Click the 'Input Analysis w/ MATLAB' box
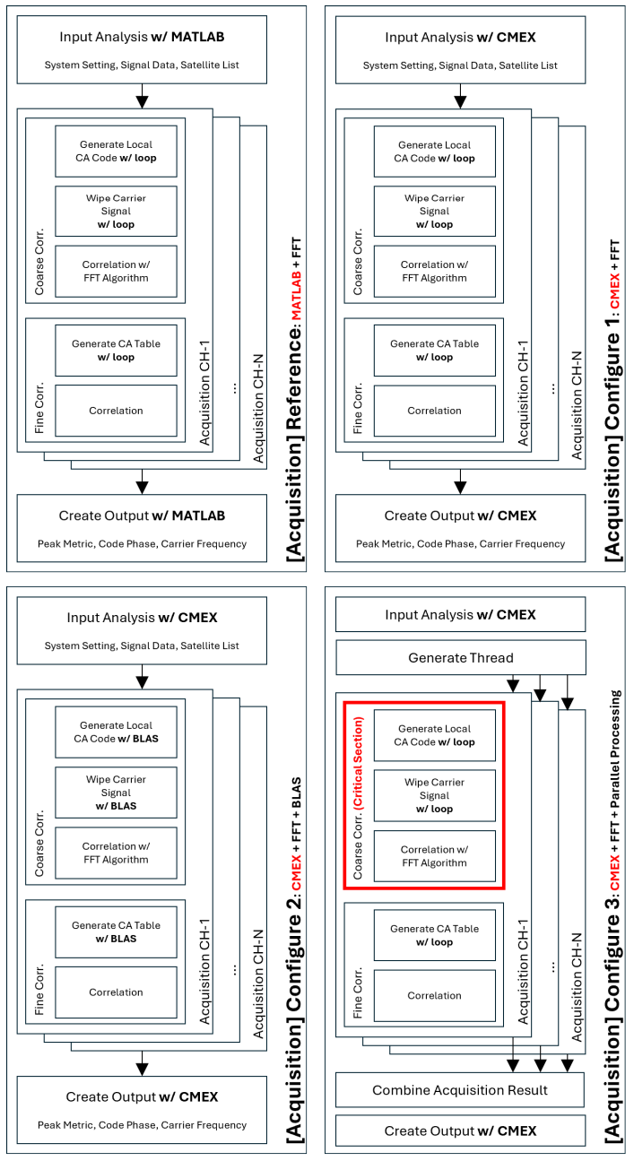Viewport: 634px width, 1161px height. pos(142,48)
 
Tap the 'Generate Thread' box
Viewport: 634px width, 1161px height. pos(460,658)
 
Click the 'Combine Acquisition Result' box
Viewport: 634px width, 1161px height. pos(460,1090)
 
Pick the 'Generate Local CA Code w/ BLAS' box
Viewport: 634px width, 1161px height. pos(116,732)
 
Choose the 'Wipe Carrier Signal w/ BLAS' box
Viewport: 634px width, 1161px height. pos(116,793)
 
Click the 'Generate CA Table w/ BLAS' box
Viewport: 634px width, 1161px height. pos(116,931)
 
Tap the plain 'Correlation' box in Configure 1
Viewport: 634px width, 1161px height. pos(435,411)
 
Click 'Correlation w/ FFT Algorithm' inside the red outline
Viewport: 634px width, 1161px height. pos(435,855)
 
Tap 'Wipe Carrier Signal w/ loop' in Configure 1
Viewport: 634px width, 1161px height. pos(435,211)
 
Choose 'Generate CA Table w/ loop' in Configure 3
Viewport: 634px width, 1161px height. pos(435,935)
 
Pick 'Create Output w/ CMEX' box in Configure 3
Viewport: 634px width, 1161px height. pos(460,1131)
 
